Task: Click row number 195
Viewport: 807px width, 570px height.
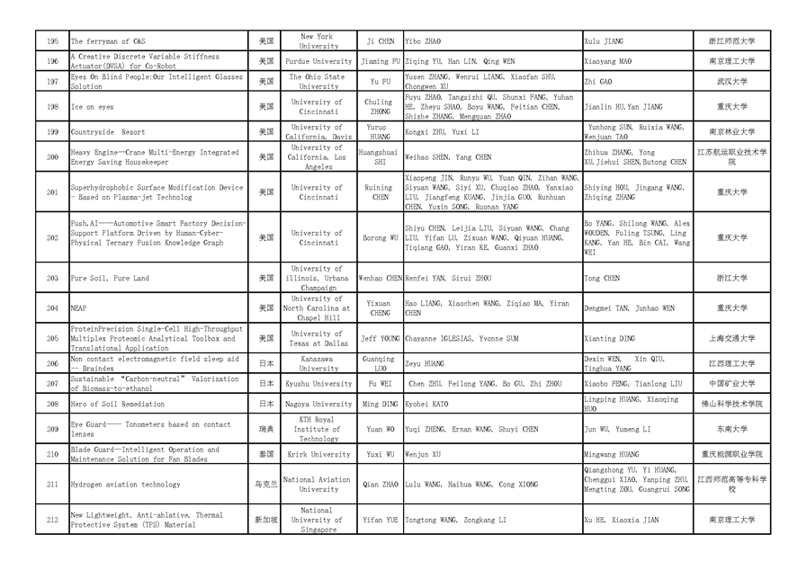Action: coord(52,41)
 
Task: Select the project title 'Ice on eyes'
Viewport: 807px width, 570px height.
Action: coord(93,107)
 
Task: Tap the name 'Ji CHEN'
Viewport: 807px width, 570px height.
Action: coord(381,41)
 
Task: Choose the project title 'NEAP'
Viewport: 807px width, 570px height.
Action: coord(79,308)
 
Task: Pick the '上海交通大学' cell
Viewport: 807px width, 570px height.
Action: coord(731,339)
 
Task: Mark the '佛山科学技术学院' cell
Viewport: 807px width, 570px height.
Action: coord(731,405)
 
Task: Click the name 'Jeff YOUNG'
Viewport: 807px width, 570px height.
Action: coord(381,339)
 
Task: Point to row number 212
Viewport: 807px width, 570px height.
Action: coord(52,520)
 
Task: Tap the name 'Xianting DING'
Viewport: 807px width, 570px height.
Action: coord(610,339)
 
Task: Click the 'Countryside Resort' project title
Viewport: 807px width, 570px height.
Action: coord(108,132)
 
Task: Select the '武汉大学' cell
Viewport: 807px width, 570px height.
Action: coord(731,82)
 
